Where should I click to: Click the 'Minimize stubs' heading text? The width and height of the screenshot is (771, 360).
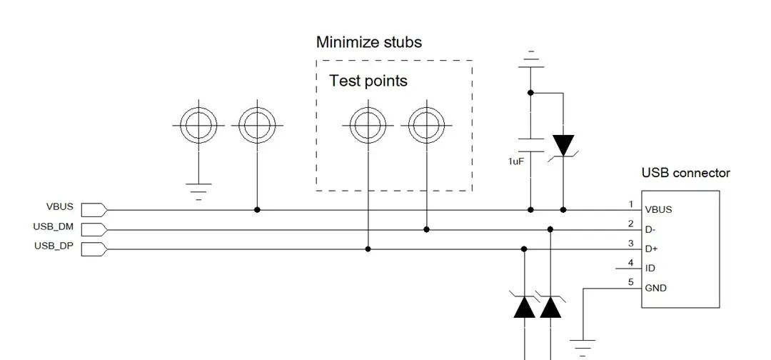(368, 42)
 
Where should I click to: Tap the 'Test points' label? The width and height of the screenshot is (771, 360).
(368, 81)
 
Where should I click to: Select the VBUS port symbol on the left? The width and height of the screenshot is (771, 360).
(94, 209)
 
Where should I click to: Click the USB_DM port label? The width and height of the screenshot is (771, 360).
(53, 227)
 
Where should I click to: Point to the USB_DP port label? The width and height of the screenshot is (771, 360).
(53, 246)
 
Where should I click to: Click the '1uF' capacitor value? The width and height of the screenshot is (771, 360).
(515, 162)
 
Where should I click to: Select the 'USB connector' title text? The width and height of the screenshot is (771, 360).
(685, 173)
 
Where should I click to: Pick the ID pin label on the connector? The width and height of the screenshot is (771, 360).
(650, 269)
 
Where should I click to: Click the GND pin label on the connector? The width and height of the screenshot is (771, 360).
(655, 289)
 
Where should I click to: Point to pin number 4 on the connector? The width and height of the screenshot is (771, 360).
(630, 263)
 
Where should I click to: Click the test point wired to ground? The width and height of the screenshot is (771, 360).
(198, 125)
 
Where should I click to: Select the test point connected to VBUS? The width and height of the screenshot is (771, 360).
(257, 125)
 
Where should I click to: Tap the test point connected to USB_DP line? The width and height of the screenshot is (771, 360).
(368, 125)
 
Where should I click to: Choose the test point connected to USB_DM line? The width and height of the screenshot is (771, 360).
(426, 125)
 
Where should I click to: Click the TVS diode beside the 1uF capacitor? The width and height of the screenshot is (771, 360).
(563, 146)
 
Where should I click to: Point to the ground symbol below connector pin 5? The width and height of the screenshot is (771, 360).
(584, 346)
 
